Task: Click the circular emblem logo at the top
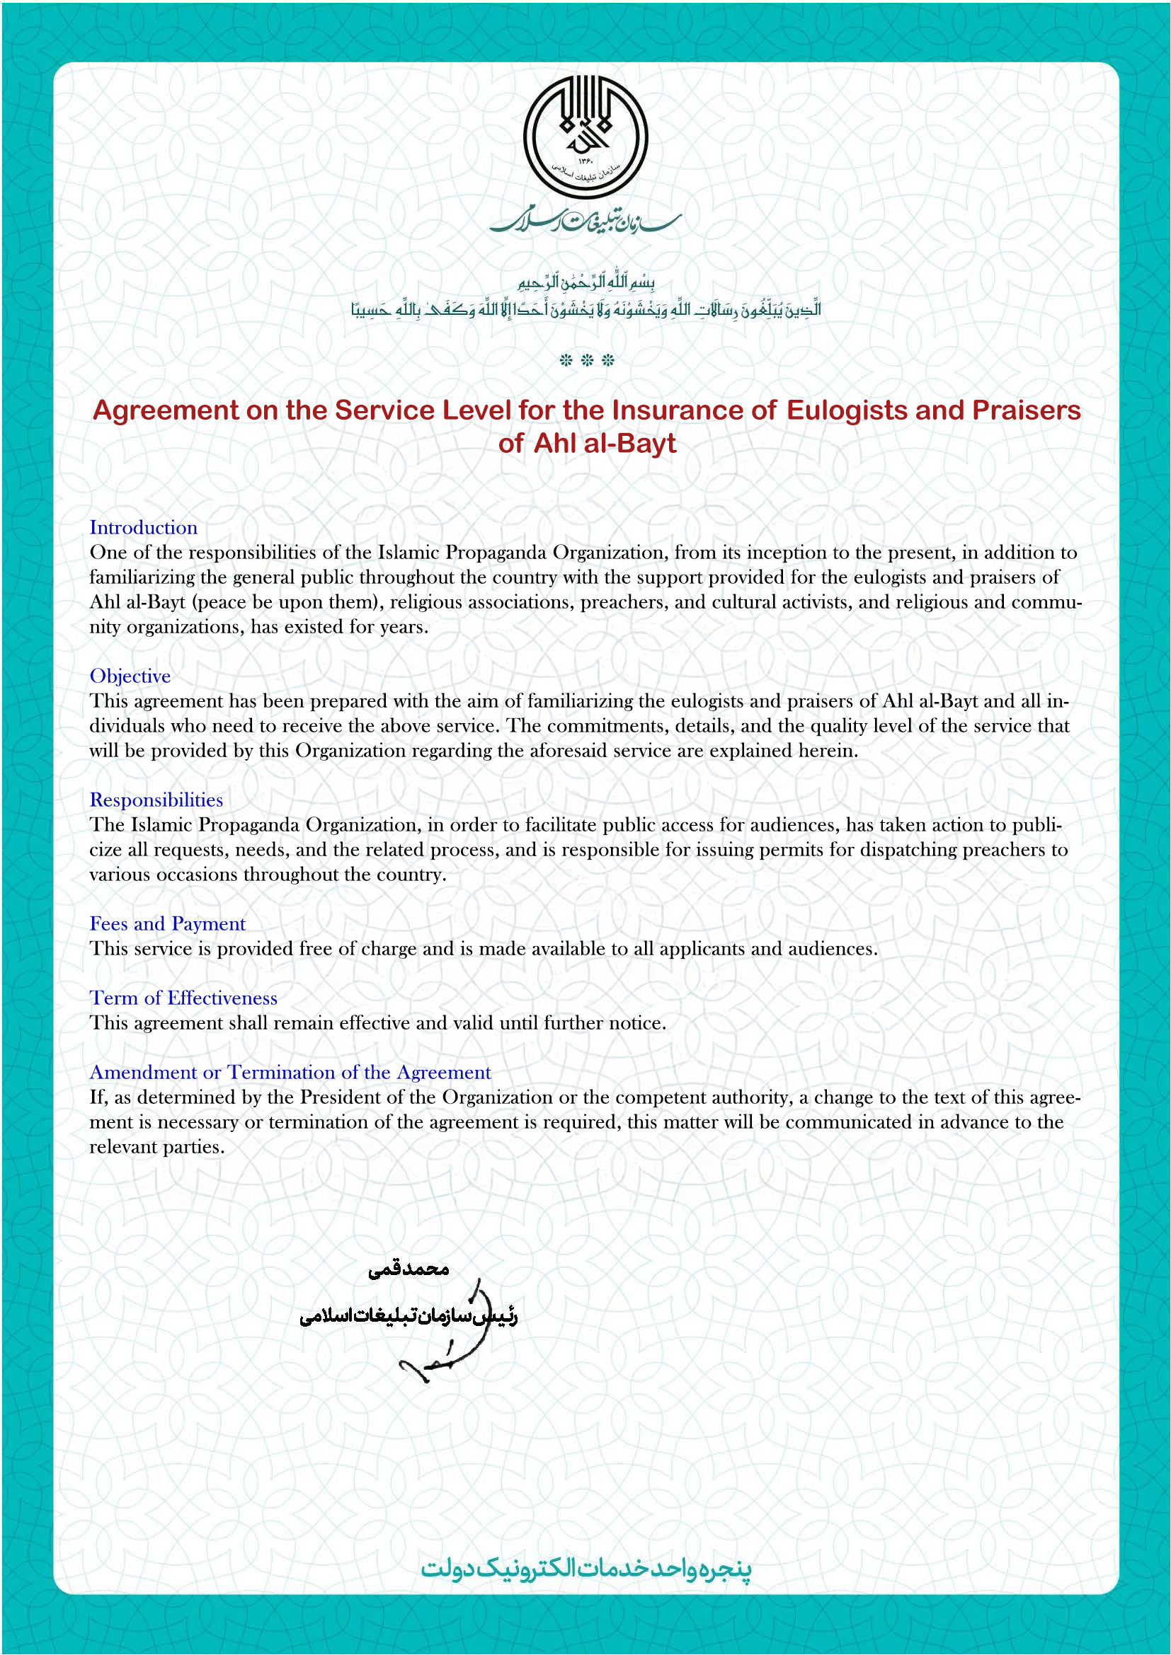[x=585, y=138]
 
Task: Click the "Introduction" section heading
[x=143, y=528]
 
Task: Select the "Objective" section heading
[x=130, y=676]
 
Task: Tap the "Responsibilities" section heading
[x=156, y=800]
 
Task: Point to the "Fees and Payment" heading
[x=167, y=924]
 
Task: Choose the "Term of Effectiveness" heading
[x=183, y=998]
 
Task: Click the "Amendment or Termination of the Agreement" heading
[x=290, y=1073]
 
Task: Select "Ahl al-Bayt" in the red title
[x=604, y=444]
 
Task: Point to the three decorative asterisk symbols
[x=586, y=360]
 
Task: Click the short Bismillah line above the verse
[x=585, y=281]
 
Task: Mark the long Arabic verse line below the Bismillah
[x=585, y=310]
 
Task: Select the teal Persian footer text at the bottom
[x=585, y=1569]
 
